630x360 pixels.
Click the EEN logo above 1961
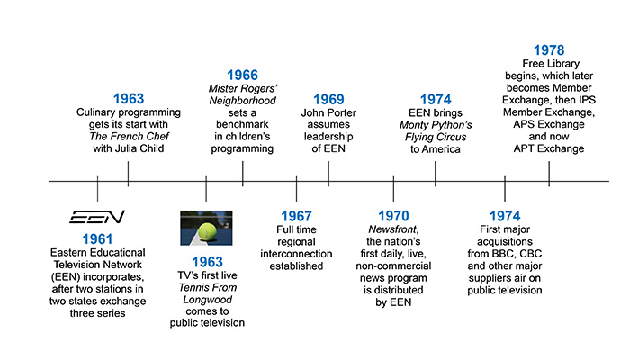[97, 218]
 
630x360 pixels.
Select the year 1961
[96, 239]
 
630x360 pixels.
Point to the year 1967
[296, 218]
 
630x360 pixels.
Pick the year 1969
[328, 99]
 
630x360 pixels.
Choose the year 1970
[393, 218]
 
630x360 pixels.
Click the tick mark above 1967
[296, 190]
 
